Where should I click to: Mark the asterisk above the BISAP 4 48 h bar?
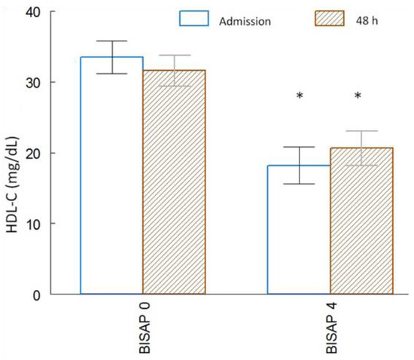pos(358,96)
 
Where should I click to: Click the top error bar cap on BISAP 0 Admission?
pos(111,41)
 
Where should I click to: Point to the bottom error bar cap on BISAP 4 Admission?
pos(299,184)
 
